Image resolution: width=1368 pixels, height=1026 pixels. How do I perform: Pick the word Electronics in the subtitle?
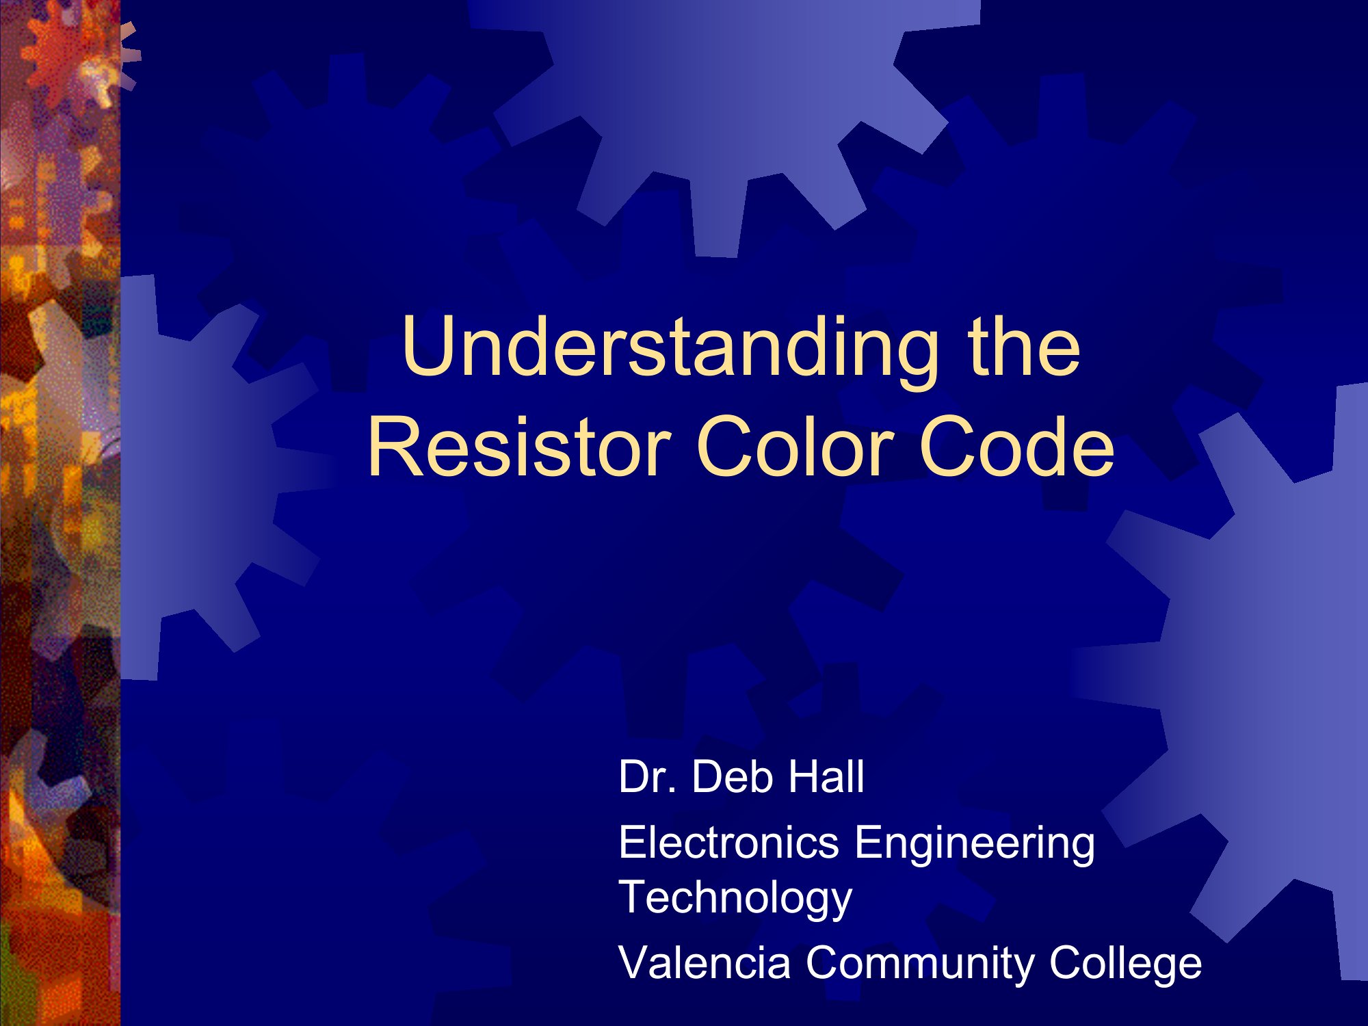[729, 842]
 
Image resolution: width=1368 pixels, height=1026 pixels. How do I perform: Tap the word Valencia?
[705, 962]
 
